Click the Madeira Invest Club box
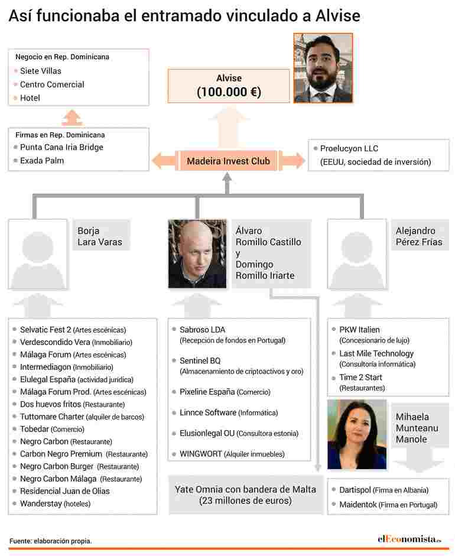[x=228, y=161]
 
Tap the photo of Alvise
[x=323, y=68]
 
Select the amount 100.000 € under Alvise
[x=229, y=92]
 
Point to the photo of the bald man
[x=197, y=253]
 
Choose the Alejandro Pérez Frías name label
[x=418, y=236]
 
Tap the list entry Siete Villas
[x=40, y=71]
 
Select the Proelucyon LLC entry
[x=349, y=149]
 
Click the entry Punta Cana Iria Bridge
[x=61, y=147]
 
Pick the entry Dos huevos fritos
[x=51, y=404]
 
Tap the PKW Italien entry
[x=359, y=330]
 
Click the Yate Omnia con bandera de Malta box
[x=245, y=495]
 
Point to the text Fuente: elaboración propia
[x=51, y=541]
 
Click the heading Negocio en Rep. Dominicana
[x=62, y=57]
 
